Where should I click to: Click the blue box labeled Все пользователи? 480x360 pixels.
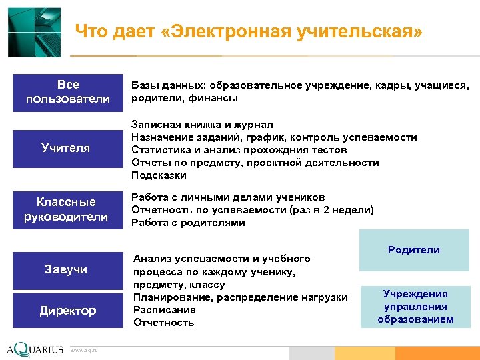coord(67,92)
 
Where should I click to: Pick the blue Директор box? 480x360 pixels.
coord(67,311)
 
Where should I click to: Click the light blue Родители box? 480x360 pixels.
coord(414,250)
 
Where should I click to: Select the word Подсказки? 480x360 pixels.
coord(159,175)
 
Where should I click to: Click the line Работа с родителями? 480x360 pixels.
coord(188,223)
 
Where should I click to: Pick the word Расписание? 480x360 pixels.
coord(165,310)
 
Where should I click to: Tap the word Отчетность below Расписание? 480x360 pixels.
coord(164,323)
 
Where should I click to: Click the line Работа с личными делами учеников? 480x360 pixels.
coord(228,197)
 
